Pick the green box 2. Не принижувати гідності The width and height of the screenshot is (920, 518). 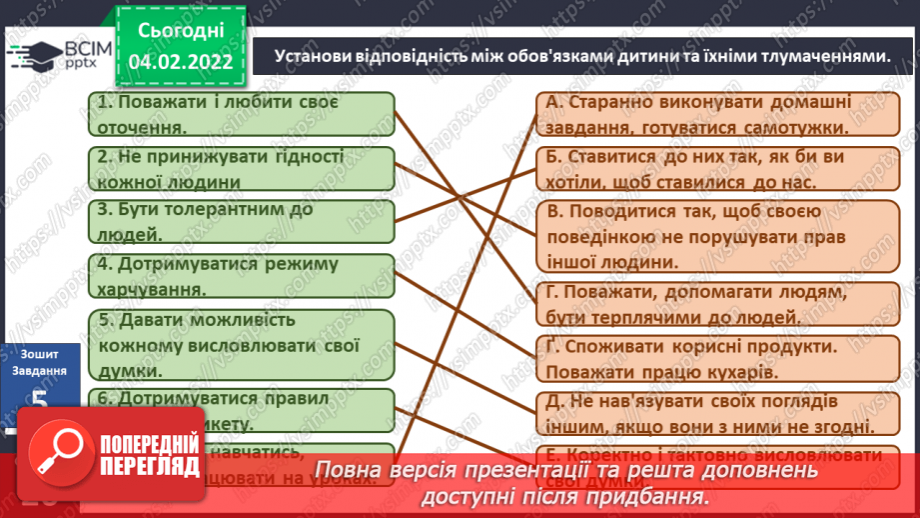(x=240, y=169)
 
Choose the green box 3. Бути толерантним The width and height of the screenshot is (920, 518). (x=240, y=222)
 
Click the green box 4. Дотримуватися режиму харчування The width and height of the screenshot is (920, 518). (x=240, y=276)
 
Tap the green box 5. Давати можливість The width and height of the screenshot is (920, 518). (x=240, y=344)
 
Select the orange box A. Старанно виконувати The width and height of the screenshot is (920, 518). (x=713, y=114)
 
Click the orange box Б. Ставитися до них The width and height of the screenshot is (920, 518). (x=713, y=169)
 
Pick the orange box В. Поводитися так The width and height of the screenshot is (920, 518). (x=713, y=237)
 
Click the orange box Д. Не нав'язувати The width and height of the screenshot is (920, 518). (x=713, y=412)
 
